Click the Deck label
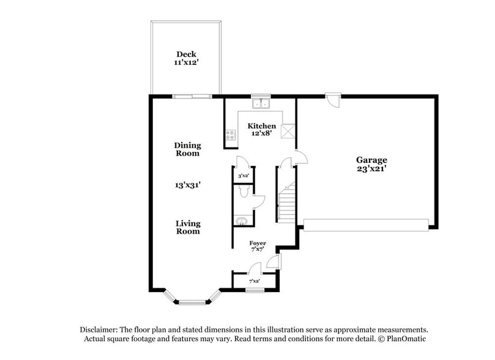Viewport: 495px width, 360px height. (187, 54)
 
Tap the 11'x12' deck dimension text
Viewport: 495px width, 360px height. (187, 62)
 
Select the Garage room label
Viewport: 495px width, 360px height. (372, 160)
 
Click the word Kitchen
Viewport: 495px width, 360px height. (261, 126)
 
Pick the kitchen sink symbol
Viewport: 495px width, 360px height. (261, 103)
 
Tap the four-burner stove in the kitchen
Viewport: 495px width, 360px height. (231, 135)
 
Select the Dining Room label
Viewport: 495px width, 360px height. (187, 149)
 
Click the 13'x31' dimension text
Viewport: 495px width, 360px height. (187, 183)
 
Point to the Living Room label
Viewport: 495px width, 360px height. (188, 227)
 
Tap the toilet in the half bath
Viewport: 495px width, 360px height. (244, 193)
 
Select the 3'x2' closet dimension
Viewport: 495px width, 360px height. (243, 176)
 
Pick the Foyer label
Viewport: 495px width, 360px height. (257, 243)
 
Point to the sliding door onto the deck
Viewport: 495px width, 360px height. (192, 96)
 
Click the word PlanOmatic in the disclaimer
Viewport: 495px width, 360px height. (405, 339)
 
